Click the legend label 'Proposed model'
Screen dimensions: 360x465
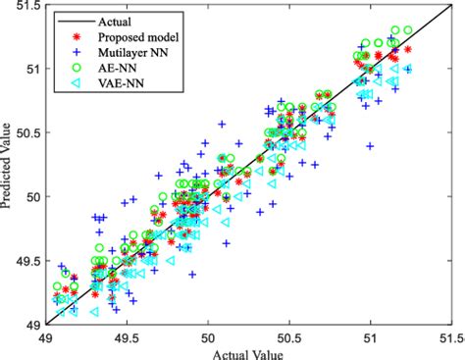coord(130,35)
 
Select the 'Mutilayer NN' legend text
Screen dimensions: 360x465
coord(127,52)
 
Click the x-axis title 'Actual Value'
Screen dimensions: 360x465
coord(251,351)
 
